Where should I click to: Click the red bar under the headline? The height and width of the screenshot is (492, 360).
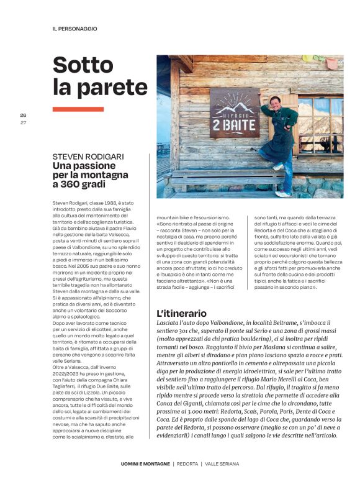pos(78,109)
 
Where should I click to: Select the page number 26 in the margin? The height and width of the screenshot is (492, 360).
pos(23,115)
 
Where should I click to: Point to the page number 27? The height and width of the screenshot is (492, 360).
pos(23,122)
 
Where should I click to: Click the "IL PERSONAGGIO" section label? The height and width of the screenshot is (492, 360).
pos(74,29)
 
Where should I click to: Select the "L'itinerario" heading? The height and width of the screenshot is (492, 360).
pos(181,314)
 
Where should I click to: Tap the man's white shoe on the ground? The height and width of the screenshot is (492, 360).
pos(283,194)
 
